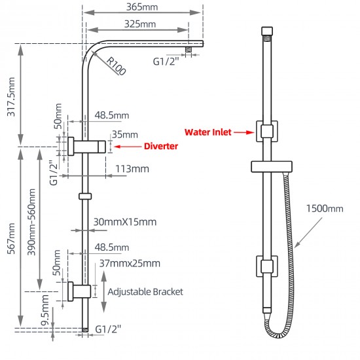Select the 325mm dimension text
139,24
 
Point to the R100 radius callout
116,65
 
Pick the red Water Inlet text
208,132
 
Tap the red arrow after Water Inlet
243,132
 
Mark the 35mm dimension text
124,134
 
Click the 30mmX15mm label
124,222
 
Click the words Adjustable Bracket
145,291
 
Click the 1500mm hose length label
324,209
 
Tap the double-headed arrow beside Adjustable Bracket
103,291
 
